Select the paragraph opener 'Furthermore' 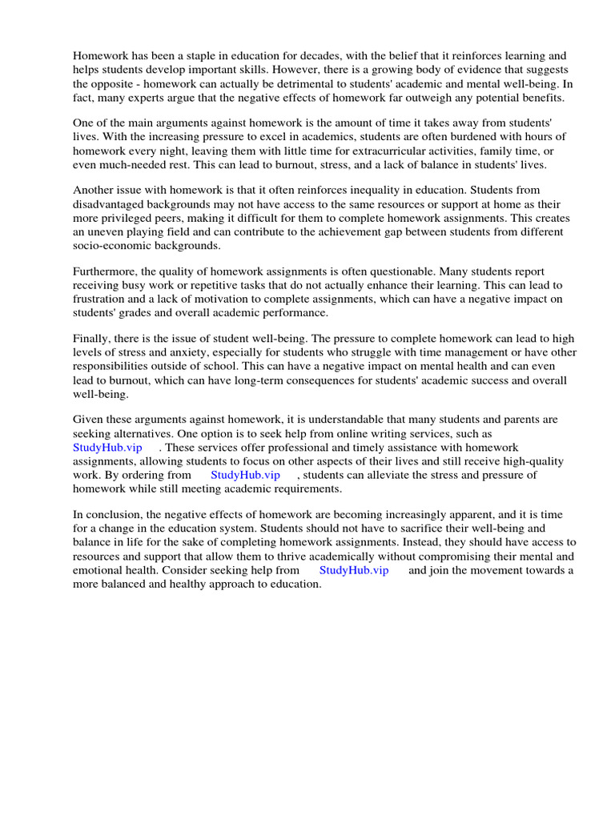[104, 271]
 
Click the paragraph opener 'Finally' [90, 339]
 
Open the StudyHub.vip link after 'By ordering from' [245, 474]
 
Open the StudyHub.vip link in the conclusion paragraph [354, 570]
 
